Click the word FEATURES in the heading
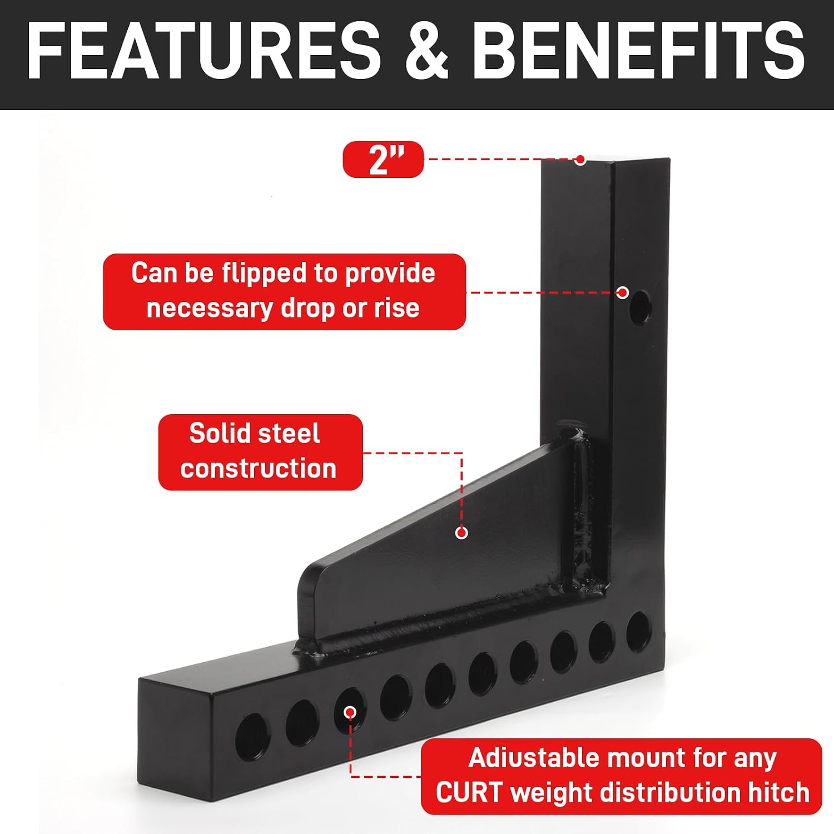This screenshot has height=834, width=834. [x=203, y=51]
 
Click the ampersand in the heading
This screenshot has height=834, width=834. [x=426, y=51]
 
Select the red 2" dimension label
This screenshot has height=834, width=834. [x=383, y=160]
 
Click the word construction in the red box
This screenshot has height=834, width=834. [x=259, y=468]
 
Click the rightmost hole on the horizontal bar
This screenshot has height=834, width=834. [x=639, y=632]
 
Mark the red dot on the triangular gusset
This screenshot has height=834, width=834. [x=461, y=533]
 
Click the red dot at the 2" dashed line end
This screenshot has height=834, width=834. [x=580, y=160]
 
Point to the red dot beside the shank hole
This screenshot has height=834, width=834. [x=623, y=292]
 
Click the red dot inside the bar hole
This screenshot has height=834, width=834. [x=350, y=712]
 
